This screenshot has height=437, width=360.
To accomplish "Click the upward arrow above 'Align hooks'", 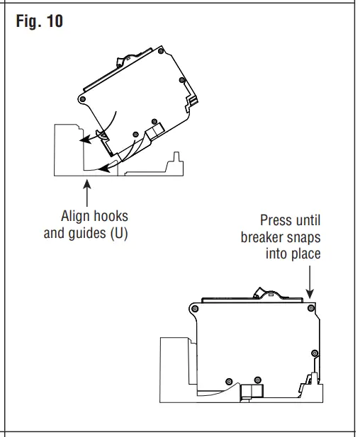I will pos(87,191).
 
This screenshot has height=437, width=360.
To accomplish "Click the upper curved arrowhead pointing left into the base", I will pos(82,140).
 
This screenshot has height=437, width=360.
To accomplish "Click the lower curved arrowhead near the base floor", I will pos(103,169).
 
